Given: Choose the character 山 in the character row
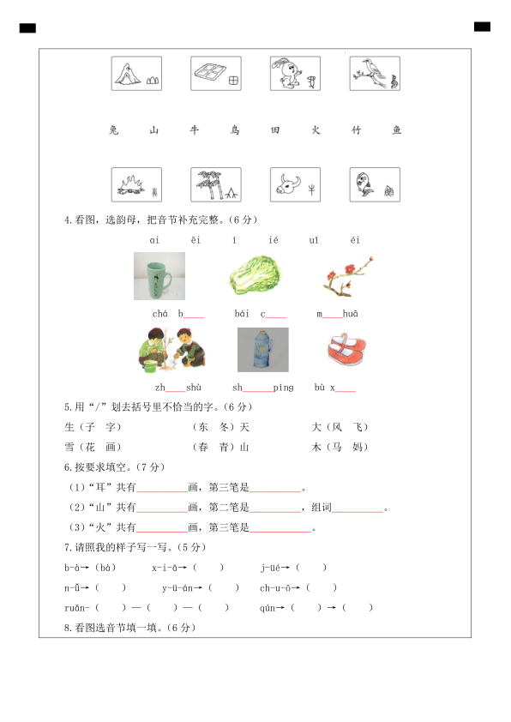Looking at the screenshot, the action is pyautogui.click(x=154, y=130).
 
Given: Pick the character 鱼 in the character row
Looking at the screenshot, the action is pyautogui.click(x=396, y=130).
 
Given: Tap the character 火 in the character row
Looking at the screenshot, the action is pyautogui.click(x=316, y=130).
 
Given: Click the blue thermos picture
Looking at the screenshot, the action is pyautogui.click(x=262, y=350).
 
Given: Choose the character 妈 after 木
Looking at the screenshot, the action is pyautogui.click(x=358, y=447).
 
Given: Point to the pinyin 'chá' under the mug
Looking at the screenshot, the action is pyautogui.click(x=159, y=315).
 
